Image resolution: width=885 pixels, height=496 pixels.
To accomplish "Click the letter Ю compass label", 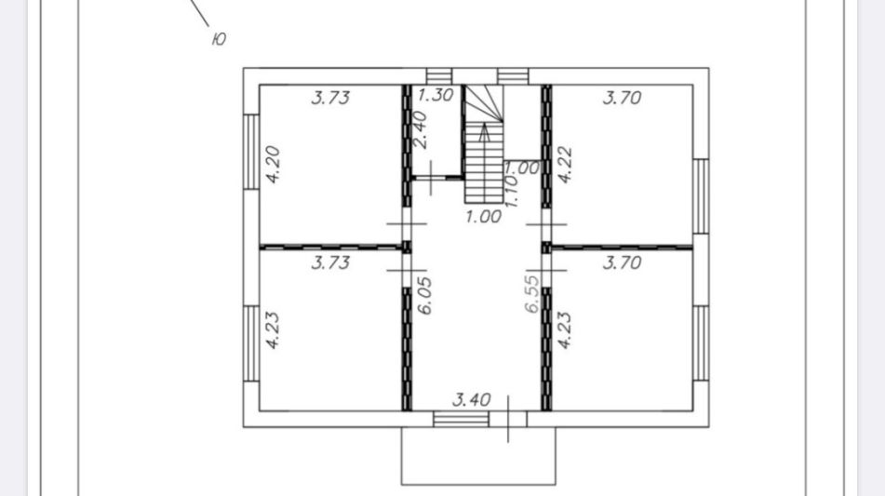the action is (x=219, y=39).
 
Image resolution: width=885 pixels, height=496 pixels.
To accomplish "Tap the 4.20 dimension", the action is (x=274, y=165).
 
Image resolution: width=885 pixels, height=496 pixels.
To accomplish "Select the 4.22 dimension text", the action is (x=565, y=166).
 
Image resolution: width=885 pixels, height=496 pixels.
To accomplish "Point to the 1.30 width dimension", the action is (x=436, y=95).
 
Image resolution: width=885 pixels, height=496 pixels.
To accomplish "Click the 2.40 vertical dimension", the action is (x=420, y=129).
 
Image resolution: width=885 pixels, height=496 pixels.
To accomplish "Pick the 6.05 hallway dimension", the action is (x=424, y=295).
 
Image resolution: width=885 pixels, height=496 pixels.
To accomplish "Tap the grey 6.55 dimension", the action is (x=531, y=294).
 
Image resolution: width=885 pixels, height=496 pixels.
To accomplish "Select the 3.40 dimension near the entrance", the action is (x=472, y=400).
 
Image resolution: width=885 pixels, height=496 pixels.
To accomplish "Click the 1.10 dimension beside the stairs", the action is (x=511, y=190).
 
